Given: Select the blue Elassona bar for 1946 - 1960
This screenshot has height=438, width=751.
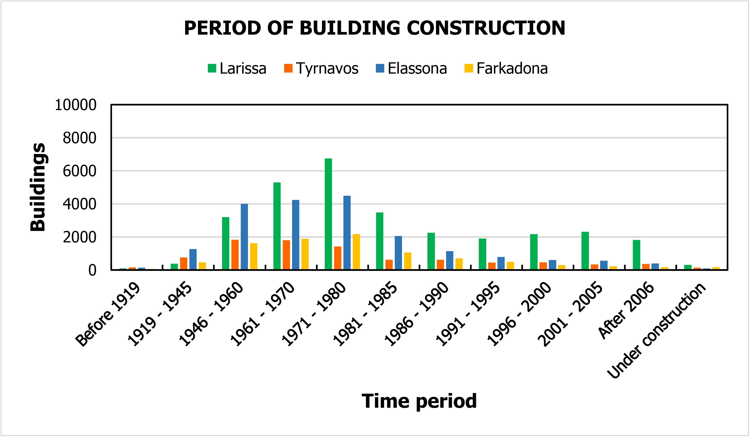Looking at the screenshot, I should click(x=244, y=237).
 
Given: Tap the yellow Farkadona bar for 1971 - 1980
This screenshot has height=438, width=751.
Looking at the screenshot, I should click(x=356, y=252).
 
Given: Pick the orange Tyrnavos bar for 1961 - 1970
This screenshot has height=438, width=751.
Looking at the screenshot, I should click(x=286, y=255).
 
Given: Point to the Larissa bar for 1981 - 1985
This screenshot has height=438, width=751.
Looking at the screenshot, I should click(x=379, y=241).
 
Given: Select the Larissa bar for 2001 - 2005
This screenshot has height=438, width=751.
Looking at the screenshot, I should click(x=585, y=251).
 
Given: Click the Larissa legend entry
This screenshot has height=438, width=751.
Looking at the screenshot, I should click(x=237, y=69).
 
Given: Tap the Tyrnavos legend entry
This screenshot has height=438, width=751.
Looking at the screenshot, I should click(x=321, y=69).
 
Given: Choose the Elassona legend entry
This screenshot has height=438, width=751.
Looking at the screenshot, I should click(x=411, y=69).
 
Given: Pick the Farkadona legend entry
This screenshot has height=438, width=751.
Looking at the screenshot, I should click(x=506, y=69).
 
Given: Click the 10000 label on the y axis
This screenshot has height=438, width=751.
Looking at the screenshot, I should click(x=75, y=105).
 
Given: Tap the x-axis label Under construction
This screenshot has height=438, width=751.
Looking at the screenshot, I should click(x=656, y=331).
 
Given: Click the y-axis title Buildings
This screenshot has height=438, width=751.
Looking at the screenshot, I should click(x=38, y=187).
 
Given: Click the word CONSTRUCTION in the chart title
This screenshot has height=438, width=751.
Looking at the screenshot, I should click(x=486, y=28).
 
